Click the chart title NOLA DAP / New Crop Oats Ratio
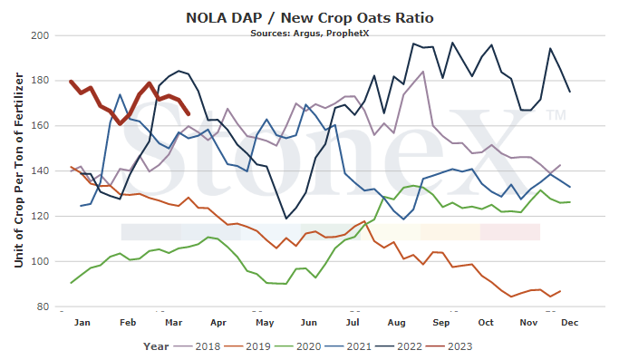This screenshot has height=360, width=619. (310, 18)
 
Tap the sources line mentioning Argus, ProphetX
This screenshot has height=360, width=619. (310, 34)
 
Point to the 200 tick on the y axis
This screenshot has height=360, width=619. (40, 35)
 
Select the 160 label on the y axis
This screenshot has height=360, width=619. (40, 126)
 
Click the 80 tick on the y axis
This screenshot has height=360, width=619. (43, 306)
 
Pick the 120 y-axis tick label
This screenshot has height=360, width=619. (40, 216)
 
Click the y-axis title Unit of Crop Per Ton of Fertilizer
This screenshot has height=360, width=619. (18, 170)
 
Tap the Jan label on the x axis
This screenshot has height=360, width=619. (82, 323)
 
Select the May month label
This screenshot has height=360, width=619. (265, 323)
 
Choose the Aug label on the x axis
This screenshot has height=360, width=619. (396, 323)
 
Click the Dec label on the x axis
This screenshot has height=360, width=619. (570, 323)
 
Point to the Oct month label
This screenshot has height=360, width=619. (486, 323)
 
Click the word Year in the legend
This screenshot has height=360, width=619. (156, 346)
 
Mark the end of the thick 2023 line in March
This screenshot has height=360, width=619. (189, 114)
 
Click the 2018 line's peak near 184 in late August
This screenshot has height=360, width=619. (423, 72)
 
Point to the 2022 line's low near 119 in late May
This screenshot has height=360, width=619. (286, 219)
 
